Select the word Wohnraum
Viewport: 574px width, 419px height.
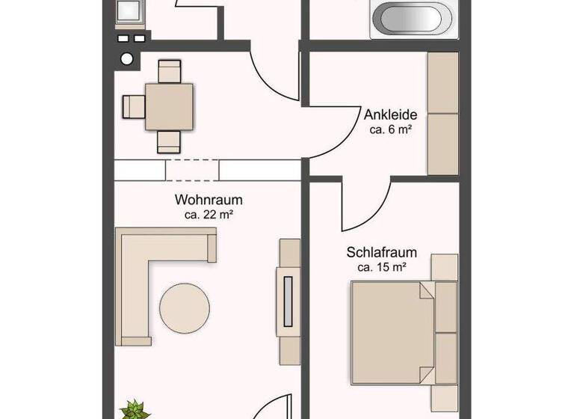pos(209,200)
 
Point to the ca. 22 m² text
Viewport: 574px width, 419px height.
pos(209,215)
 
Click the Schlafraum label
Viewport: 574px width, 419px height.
pos(381,253)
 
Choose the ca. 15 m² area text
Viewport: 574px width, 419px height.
pos(382,267)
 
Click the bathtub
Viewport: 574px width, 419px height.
pos(412,19)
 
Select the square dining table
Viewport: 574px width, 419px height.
pos(169,106)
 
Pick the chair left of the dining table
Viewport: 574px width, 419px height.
pos(134,106)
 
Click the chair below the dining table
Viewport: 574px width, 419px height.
pos(170,141)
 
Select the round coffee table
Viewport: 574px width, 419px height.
pos(185,307)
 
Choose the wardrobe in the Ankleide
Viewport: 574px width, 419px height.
pos(442,114)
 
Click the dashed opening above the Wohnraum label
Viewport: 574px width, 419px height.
pos(192,170)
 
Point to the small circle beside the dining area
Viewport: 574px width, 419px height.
pos(127,59)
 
